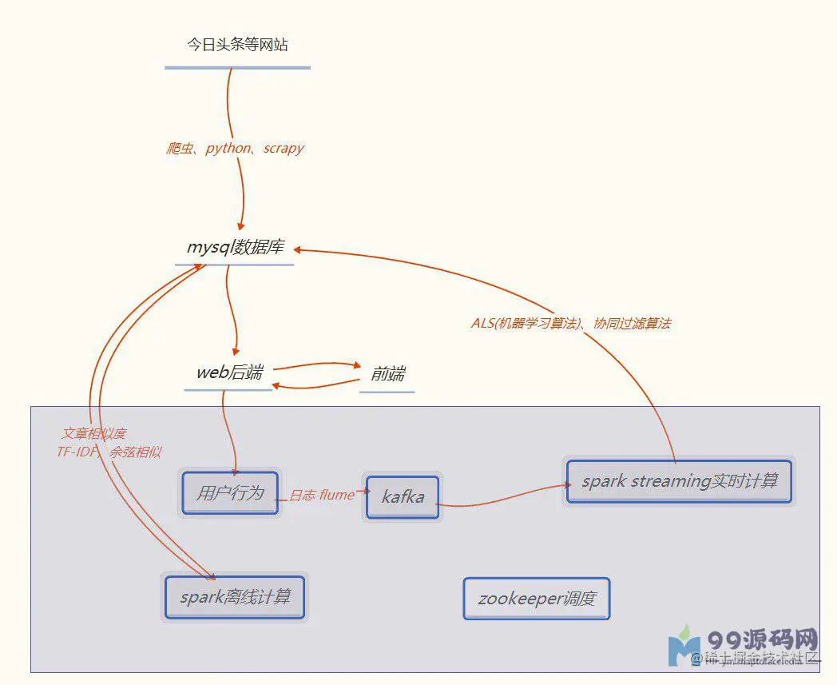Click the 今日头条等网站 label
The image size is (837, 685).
237,46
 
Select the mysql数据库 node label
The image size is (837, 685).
235,247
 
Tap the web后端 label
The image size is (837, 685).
229,372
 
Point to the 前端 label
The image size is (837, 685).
387,374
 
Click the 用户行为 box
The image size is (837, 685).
230,492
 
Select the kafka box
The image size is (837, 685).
403,497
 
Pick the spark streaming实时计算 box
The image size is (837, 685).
679,481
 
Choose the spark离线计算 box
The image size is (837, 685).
235,597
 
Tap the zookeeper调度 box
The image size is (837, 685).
536,599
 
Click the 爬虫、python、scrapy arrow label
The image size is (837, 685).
236,149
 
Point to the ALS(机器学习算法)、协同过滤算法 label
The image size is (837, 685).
570,324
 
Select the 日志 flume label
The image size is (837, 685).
321,496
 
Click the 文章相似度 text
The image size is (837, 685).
94,434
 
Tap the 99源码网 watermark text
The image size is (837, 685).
763,640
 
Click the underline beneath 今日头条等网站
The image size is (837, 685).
237,68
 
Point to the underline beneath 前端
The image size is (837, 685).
387,392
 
